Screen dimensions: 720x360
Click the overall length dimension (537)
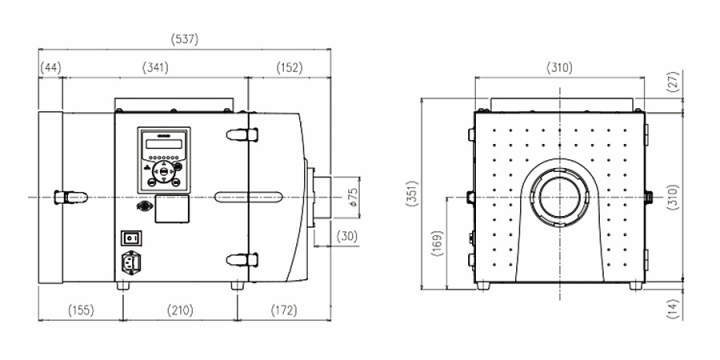[x=185, y=40]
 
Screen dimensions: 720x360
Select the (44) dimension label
[x=51, y=68]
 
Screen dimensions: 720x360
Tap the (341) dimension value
[x=155, y=68]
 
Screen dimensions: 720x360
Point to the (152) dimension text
[x=290, y=68]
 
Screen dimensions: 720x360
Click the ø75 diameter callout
[x=354, y=197]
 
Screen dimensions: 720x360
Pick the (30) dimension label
[x=347, y=236]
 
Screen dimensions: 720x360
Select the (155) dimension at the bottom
[x=81, y=310]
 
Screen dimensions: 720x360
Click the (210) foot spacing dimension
[x=180, y=310]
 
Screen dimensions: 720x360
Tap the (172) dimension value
[x=284, y=310]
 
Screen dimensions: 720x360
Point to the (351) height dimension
[x=412, y=193]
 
